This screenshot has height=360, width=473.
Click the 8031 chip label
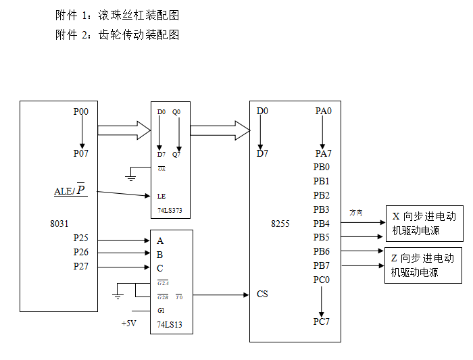pos(59,224)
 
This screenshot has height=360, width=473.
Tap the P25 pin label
pos(80,238)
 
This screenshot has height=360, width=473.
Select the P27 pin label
pos(80,267)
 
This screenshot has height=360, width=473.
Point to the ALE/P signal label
pos(70,190)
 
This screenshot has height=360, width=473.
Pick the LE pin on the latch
pos(161,197)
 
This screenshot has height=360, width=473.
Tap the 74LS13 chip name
pos(170,324)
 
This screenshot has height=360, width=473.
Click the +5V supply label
pos(129,324)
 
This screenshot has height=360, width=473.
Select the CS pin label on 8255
pos(262,294)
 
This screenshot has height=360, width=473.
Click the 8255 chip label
pos(280,224)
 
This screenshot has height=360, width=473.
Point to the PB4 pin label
pos(322,224)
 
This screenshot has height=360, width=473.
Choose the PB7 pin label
pos(322,265)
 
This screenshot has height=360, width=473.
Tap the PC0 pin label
pos(322,280)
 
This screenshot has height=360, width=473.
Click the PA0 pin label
pos(324,111)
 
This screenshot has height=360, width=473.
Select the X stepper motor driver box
pos(424,224)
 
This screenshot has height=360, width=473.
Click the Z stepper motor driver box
pos(423,265)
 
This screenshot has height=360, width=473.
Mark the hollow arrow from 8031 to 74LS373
pos(124,129)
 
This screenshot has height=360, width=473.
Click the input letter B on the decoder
pos(160,255)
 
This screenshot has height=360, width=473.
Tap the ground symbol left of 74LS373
pos(130,178)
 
